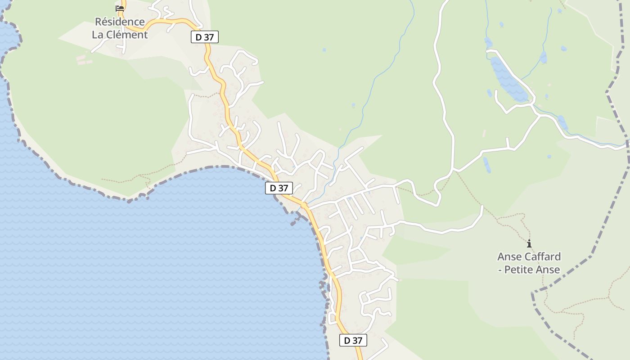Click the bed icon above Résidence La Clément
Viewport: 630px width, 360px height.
[120, 8]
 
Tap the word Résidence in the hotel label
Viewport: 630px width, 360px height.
[120, 22]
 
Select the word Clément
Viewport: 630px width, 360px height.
[127, 35]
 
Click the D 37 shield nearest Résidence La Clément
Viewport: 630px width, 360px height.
[204, 37]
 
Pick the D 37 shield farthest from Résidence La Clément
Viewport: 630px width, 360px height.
[353, 341]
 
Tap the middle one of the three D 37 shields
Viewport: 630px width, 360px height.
[279, 188]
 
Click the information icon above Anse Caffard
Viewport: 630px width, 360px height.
[529, 244]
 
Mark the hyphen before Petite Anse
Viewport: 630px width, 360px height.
[500, 270]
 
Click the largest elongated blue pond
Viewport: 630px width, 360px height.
[508, 79]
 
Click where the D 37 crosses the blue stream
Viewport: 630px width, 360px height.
[304, 205]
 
